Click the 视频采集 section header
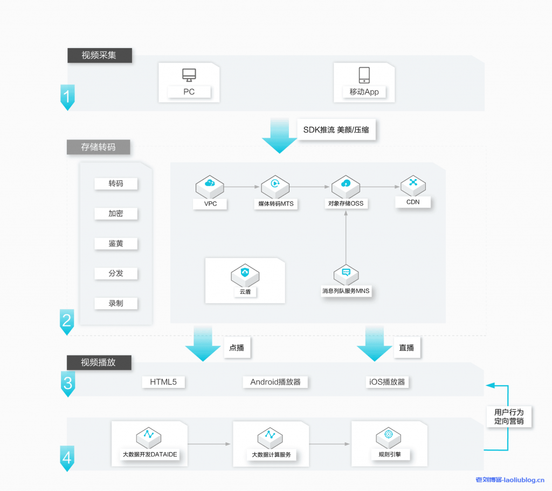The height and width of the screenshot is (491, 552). point(99,55)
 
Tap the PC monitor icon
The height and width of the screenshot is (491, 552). point(189,74)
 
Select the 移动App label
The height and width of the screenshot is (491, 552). point(364,92)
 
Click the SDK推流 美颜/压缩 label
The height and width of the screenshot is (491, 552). point(337,129)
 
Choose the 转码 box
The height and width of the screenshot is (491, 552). point(116,183)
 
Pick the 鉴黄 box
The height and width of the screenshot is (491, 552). point(116,243)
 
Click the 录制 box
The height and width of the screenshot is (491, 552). point(116,303)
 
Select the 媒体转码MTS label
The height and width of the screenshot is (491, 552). point(275,204)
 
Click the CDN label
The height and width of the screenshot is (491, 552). point(413,202)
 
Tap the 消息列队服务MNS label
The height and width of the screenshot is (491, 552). point(346,291)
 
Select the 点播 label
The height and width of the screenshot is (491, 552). point(237,347)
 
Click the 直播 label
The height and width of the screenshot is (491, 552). point(406,347)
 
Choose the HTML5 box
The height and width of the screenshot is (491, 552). point(163,382)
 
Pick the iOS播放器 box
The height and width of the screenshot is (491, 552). point(387,382)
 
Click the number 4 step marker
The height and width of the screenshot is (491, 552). point(67,459)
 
